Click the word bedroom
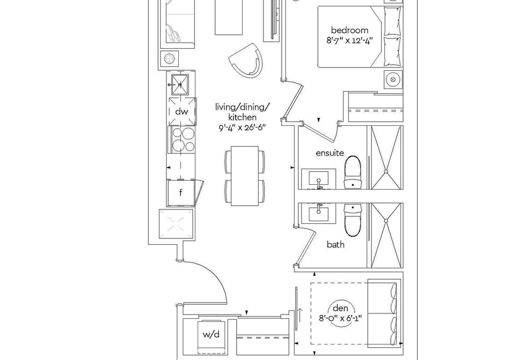pos(350,31)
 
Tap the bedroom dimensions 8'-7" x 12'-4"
pos(350,41)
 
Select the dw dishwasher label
pos(182,111)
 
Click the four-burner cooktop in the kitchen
pos(182,140)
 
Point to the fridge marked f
pos(181,193)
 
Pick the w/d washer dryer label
pos(211,334)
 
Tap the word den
pos(341,308)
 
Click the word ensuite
pos(330,153)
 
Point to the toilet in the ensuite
pos(353,172)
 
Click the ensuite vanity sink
pos(319,179)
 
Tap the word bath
pos(336,245)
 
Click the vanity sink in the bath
pos(319,213)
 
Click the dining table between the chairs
pos(245,176)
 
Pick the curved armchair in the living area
pos(246,61)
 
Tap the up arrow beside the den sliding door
pos(300,314)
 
